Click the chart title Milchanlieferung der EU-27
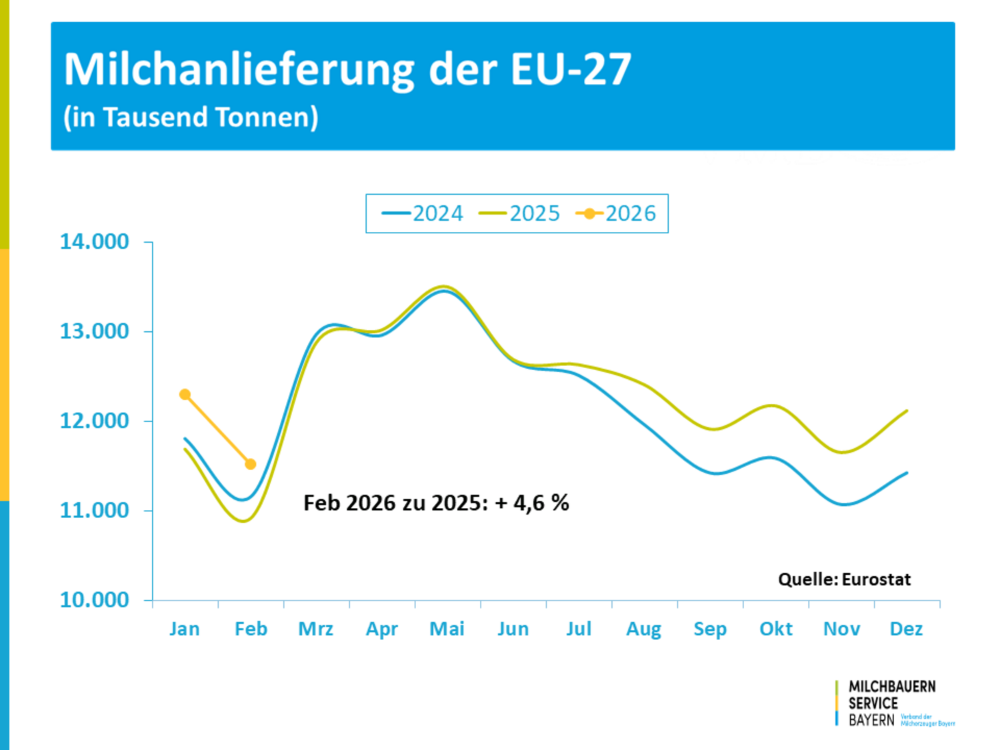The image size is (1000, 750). [x=347, y=69]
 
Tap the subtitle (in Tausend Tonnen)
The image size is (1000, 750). [x=191, y=117]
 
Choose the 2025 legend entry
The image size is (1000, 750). [x=520, y=213]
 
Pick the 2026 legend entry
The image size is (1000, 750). [x=617, y=213]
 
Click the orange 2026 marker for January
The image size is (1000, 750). [x=185, y=395]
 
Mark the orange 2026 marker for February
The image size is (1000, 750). [x=251, y=464]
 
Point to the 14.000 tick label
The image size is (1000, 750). [x=95, y=241]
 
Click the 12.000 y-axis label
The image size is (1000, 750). [x=95, y=421]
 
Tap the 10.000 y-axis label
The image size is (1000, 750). [x=95, y=600]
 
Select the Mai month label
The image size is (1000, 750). [x=447, y=629]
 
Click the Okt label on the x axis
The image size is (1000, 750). [x=776, y=629]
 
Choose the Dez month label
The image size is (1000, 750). [x=907, y=629]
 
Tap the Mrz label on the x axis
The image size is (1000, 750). [x=316, y=629]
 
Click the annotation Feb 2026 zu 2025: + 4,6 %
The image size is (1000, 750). [x=436, y=503]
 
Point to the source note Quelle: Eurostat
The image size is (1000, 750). [x=844, y=579]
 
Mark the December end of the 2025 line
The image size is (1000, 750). [x=907, y=411]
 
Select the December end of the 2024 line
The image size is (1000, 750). [x=907, y=473]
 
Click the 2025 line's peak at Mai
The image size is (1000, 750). [x=444, y=286]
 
